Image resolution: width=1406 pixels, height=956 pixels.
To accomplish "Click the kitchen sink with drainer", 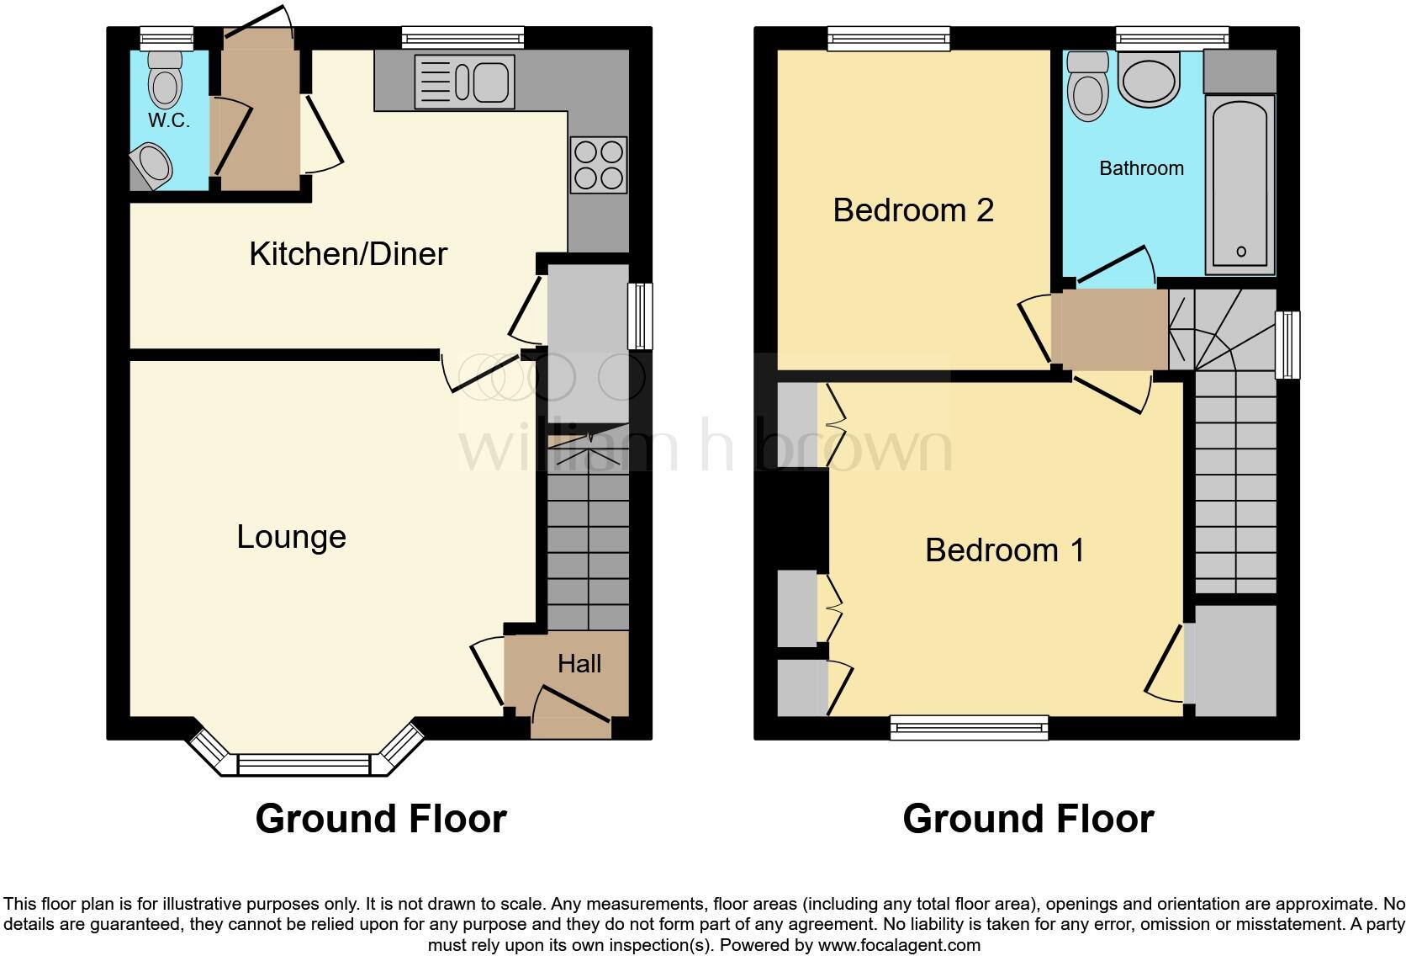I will [464, 82].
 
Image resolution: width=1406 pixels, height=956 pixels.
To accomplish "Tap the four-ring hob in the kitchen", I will [599, 164].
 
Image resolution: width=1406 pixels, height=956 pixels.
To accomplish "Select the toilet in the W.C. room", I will [165, 77].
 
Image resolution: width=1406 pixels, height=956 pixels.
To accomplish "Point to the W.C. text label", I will [169, 120].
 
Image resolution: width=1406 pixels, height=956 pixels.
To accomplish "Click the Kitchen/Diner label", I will [347, 254].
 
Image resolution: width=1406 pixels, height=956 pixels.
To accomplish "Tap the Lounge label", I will [291, 537].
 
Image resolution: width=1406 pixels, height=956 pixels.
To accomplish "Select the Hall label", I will [579, 664].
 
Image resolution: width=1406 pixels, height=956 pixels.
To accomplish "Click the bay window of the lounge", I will [304, 763].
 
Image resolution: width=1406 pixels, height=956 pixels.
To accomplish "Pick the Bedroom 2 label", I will [913, 210].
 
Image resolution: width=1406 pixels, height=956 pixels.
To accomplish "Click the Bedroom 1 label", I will [1005, 550].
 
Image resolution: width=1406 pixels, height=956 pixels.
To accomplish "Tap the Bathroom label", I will [1141, 168].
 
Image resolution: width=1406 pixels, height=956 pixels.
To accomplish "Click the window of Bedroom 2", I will [889, 38].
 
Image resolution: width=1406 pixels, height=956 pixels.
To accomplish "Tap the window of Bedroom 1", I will [969, 727].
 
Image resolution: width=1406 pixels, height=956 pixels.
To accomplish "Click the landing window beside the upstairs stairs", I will [1287, 345].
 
